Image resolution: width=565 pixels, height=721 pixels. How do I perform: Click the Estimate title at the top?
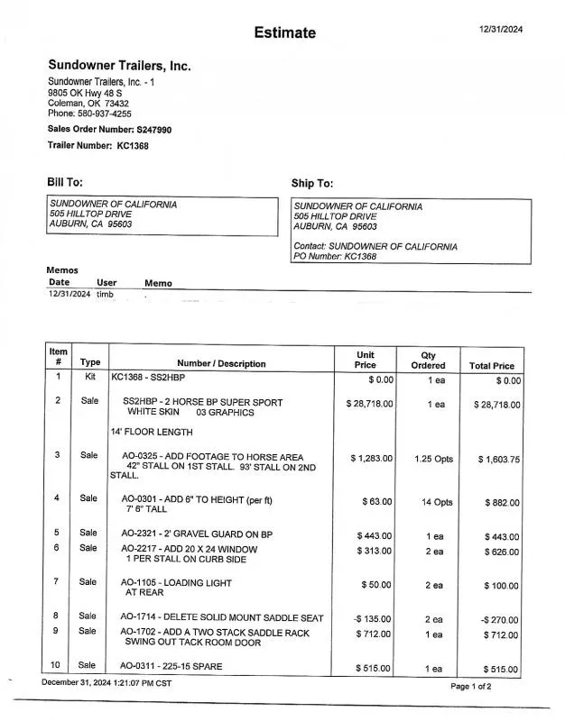[x=284, y=33]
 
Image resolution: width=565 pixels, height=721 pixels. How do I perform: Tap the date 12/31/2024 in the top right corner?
[x=501, y=29]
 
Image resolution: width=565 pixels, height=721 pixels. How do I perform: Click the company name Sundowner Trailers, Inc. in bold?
[x=119, y=66]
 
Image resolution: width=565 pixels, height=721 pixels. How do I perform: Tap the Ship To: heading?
[x=312, y=184]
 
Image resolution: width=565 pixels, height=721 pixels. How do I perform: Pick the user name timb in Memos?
[x=105, y=295]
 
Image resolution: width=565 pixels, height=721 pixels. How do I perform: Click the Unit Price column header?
[x=366, y=360]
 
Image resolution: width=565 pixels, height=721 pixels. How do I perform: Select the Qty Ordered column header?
[x=428, y=360]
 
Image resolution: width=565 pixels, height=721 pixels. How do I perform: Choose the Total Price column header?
[x=492, y=366]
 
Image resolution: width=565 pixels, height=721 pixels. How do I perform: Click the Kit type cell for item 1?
[x=89, y=377]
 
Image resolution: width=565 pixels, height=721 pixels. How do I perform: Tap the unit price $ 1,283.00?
[x=371, y=459]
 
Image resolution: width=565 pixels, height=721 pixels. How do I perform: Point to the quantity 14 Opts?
[x=437, y=502]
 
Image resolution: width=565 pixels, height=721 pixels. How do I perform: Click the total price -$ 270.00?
[x=499, y=620]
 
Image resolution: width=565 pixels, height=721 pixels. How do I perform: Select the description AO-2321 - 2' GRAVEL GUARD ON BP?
[x=197, y=534]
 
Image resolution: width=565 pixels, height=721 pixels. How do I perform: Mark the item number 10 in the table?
[x=57, y=666]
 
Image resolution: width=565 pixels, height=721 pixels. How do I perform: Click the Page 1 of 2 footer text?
[x=471, y=687]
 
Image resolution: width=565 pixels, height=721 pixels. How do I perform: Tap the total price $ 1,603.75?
[x=498, y=460]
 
